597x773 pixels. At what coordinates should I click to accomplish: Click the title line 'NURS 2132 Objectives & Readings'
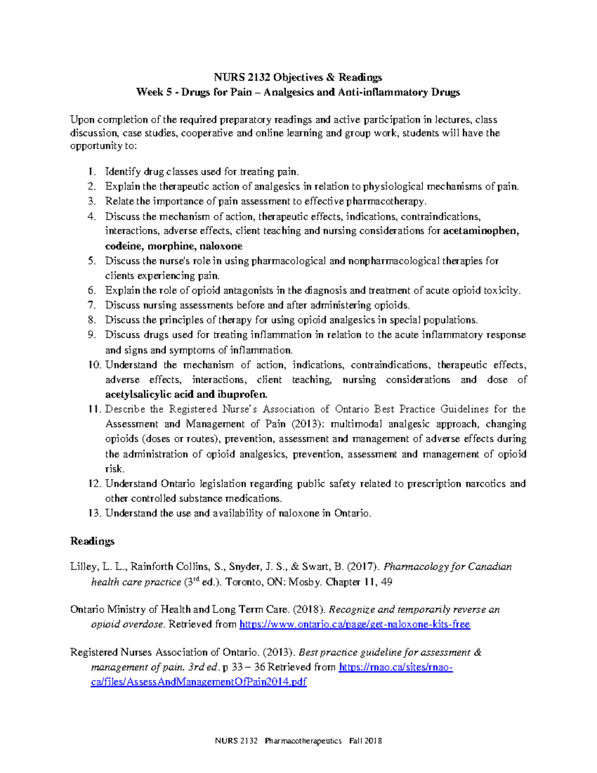click(x=298, y=77)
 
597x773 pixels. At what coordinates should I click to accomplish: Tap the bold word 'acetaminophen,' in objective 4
click(x=481, y=231)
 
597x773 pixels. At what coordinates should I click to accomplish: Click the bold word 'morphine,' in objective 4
click(x=172, y=246)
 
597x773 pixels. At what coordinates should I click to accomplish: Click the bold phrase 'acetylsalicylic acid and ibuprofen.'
click(x=186, y=394)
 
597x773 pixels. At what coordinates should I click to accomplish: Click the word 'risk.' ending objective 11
click(x=115, y=469)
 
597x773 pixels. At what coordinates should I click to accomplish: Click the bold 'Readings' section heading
click(x=92, y=541)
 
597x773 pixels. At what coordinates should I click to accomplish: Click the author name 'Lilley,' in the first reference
click(x=84, y=566)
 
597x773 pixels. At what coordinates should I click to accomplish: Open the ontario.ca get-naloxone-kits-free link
click(x=354, y=624)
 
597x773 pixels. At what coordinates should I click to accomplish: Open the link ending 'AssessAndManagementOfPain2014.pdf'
click(x=199, y=682)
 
